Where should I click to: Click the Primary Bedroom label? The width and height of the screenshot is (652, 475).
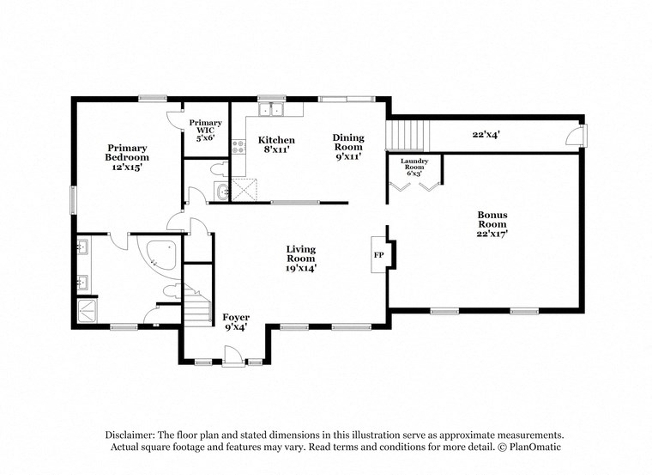127,152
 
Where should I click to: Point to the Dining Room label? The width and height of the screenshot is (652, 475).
349,142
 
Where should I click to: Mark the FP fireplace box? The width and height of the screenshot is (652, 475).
378,255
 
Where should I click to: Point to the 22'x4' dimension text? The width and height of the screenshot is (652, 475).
486,134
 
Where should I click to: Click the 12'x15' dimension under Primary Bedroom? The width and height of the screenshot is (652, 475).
127,167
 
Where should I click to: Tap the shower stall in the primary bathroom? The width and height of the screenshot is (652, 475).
88,312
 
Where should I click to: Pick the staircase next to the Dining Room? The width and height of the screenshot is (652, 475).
404,135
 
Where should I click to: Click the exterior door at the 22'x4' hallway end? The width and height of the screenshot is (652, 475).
581,136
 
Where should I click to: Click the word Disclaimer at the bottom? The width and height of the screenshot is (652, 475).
135,435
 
